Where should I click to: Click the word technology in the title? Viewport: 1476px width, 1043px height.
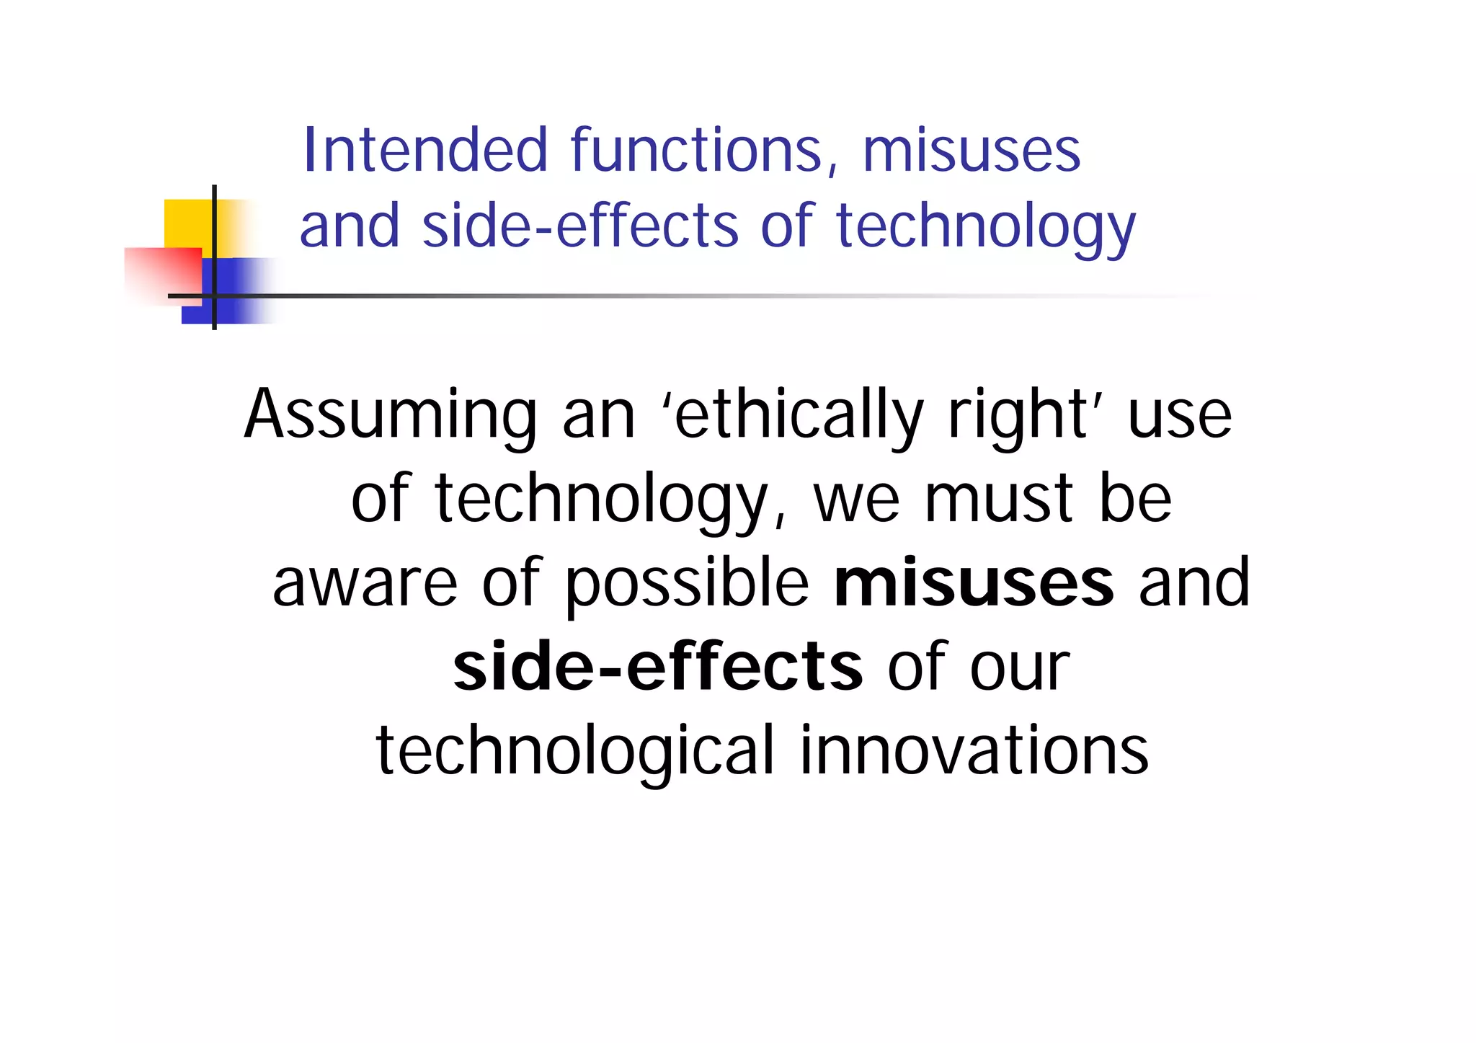coord(985,228)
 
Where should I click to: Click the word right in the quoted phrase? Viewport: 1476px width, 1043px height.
coord(1018,416)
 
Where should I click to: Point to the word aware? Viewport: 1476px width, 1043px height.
coord(365,584)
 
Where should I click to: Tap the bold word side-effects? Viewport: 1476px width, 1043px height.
coord(657,666)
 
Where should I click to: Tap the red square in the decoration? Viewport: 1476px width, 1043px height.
coord(162,275)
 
